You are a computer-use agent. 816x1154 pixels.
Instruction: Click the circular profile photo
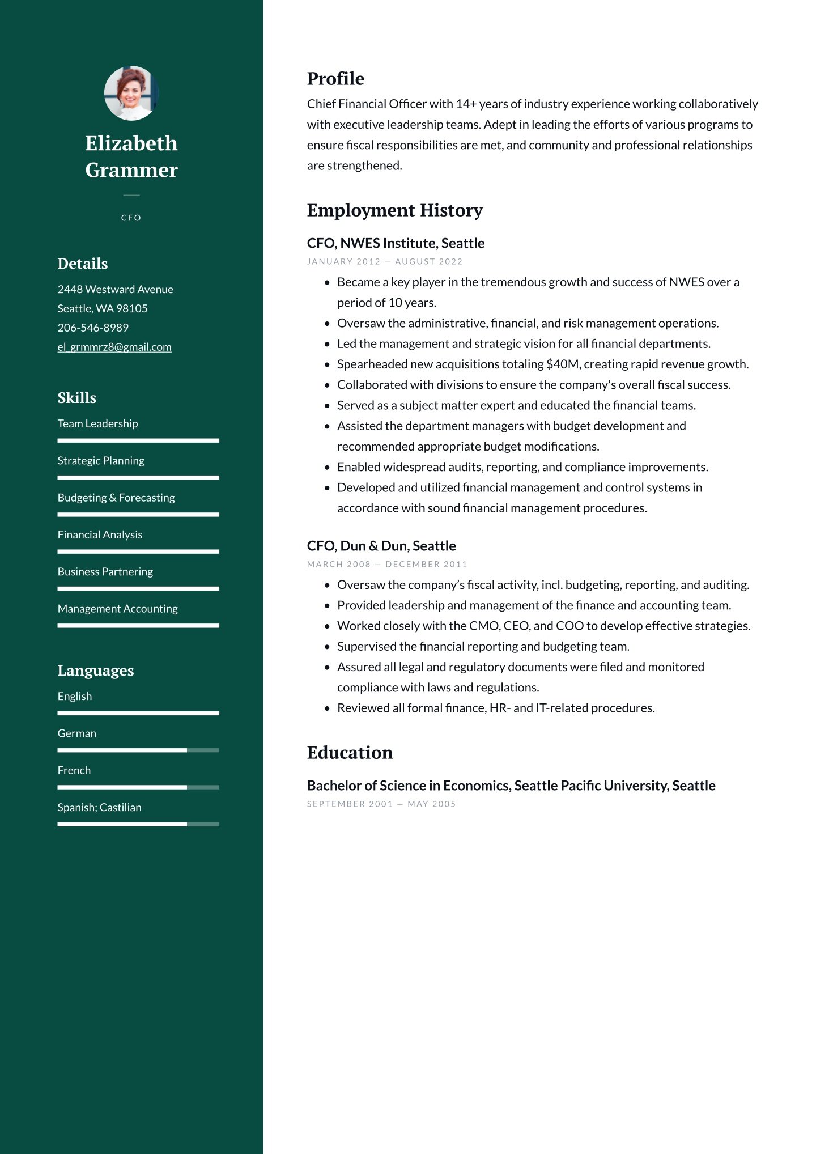pos(131,93)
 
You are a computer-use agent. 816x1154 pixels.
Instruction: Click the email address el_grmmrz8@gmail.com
pos(114,347)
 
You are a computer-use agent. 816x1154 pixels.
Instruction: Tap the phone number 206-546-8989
pos(93,328)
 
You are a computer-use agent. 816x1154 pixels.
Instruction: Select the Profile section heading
pos(335,79)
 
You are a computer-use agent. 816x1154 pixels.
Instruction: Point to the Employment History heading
pos(394,210)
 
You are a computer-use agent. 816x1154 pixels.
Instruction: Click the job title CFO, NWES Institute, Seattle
pos(396,243)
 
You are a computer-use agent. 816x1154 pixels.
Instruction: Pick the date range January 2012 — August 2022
pos(385,261)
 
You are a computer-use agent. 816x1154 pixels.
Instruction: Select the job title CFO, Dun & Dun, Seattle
pos(381,546)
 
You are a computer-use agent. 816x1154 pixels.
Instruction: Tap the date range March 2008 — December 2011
pos(387,564)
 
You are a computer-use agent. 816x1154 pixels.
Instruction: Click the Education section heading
pos(350,753)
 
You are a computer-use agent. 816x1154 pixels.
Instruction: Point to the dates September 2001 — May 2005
pos(381,804)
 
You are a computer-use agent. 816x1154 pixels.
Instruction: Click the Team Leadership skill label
pos(97,423)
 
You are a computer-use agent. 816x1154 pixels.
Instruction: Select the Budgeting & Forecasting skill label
pos(116,498)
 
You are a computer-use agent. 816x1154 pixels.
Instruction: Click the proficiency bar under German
pos(138,750)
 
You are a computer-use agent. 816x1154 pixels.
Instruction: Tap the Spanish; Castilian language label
pos(99,807)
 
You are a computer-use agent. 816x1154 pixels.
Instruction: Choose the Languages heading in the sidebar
pos(95,671)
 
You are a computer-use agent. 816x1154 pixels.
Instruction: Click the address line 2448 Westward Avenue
pos(115,289)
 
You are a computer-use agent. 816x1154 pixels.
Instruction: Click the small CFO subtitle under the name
pos(131,218)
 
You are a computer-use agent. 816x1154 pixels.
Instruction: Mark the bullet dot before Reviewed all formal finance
pos(327,708)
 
